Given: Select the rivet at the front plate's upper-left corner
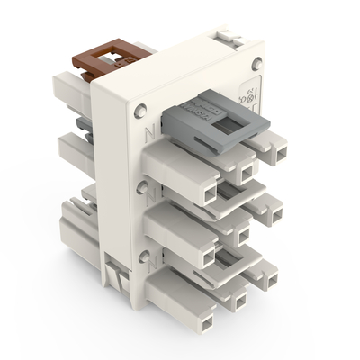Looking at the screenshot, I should click(x=138, y=111).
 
